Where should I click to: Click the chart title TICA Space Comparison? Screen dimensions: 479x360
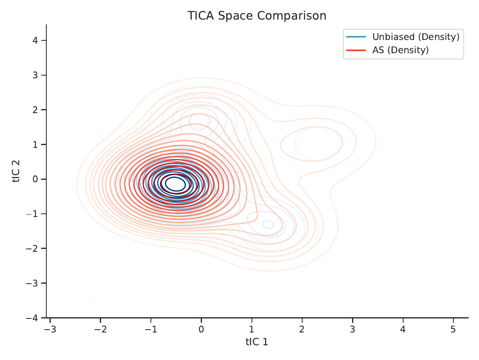click(257, 16)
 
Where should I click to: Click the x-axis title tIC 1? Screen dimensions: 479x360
click(257, 342)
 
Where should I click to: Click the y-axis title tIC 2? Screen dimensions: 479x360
click(16, 171)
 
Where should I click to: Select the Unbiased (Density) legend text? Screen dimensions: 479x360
click(416, 37)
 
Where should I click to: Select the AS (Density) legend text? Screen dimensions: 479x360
click(400, 50)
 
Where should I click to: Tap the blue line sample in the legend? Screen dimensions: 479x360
click(356, 37)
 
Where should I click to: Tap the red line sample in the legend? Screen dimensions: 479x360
click(356, 50)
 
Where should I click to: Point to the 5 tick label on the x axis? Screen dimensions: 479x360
click(453, 329)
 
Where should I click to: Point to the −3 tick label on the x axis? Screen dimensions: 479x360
click(50, 329)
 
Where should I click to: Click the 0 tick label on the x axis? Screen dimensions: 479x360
click(201, 329)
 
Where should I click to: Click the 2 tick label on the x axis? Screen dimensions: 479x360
click(302, 329)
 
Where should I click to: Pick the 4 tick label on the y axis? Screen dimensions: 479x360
click(35, 40)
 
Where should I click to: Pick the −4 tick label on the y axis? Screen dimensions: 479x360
click(32, 318)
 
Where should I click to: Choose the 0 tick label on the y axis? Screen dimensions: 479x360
click(35, 179)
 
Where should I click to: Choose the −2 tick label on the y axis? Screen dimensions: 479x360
click(32, 249)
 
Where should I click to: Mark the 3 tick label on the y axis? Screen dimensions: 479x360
click(35, 75)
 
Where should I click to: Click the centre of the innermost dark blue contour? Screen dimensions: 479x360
click(176, 184)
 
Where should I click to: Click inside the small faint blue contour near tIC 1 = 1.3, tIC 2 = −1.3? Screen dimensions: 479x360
click(268, 224)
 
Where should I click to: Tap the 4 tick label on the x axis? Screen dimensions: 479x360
click(403, 329)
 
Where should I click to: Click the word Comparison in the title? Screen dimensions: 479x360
click(292, 16)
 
